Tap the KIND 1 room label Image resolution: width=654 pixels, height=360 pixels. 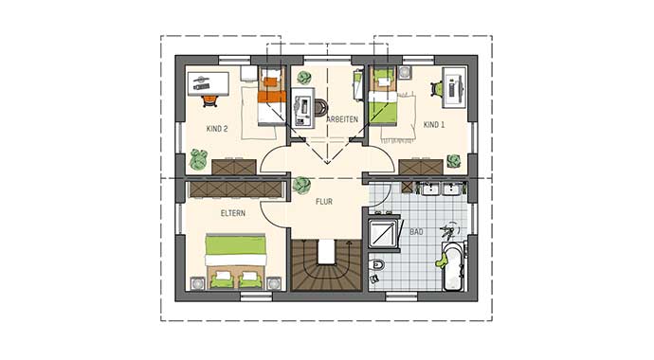(433, 125)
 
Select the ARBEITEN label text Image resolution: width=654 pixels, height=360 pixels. (342, 119)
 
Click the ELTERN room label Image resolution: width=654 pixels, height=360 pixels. (233, 213)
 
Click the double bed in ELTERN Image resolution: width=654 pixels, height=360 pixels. (236, 261)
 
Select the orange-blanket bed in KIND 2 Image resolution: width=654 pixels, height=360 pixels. (272, 95)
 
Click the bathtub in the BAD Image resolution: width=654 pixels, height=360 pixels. (452, 266)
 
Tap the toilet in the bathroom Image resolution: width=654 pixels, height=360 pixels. (377, 268)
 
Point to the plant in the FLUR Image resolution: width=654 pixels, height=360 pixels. (301, 184)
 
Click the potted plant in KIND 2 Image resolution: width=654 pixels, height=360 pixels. (198, 159)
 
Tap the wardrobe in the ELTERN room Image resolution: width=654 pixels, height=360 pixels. (236, 189)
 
